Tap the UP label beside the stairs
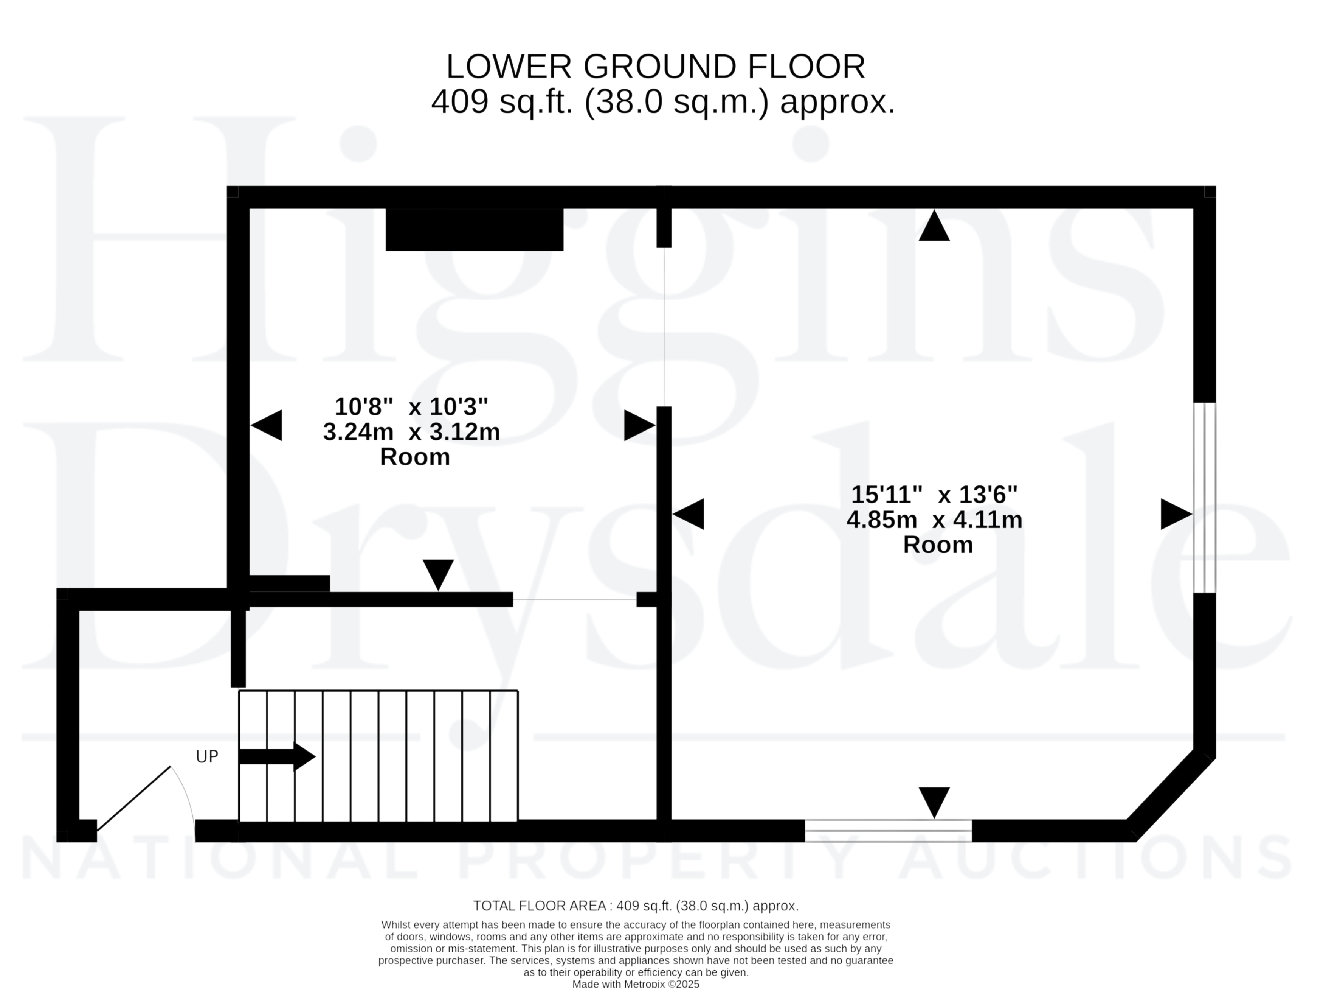(x=207, y=756)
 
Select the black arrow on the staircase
(x=277, y=756)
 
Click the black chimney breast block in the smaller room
(x=475, y=230)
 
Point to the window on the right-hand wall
(x=1204, y=498)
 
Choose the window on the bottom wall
(x=888, y=831)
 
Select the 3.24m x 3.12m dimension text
(x=411, y=432)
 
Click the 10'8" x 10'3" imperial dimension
(x=411, y=407)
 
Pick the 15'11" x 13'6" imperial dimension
(x=934, y=495)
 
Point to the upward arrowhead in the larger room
(x=934, y=226)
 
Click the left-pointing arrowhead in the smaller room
(x=266, y=425)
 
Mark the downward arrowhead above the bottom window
(x=934, y=803)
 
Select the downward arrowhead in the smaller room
(x=438, y=575)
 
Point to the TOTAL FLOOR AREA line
(x=636, y=906)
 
